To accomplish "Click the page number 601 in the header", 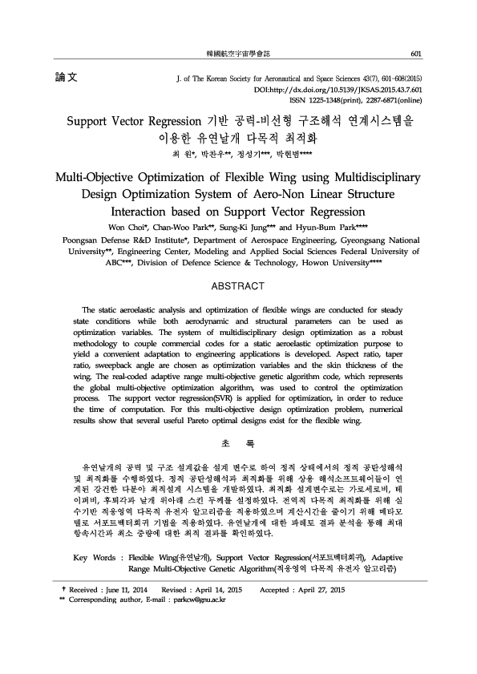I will click(415, 54).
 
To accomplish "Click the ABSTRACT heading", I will click(238, 286).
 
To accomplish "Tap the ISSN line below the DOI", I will click(354, 101).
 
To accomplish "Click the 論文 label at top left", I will click(65, 79).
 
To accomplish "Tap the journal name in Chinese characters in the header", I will click(238, 54).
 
